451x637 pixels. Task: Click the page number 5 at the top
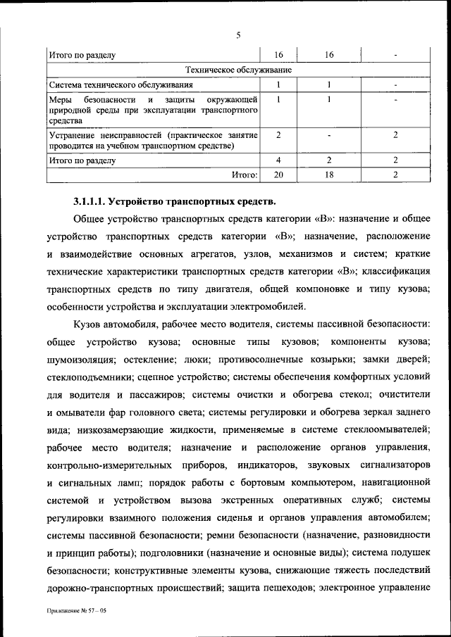(x=238, y=36)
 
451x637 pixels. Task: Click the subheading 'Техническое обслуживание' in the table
(x=238, y=70)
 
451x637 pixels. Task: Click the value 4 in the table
(x=279, y=160)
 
